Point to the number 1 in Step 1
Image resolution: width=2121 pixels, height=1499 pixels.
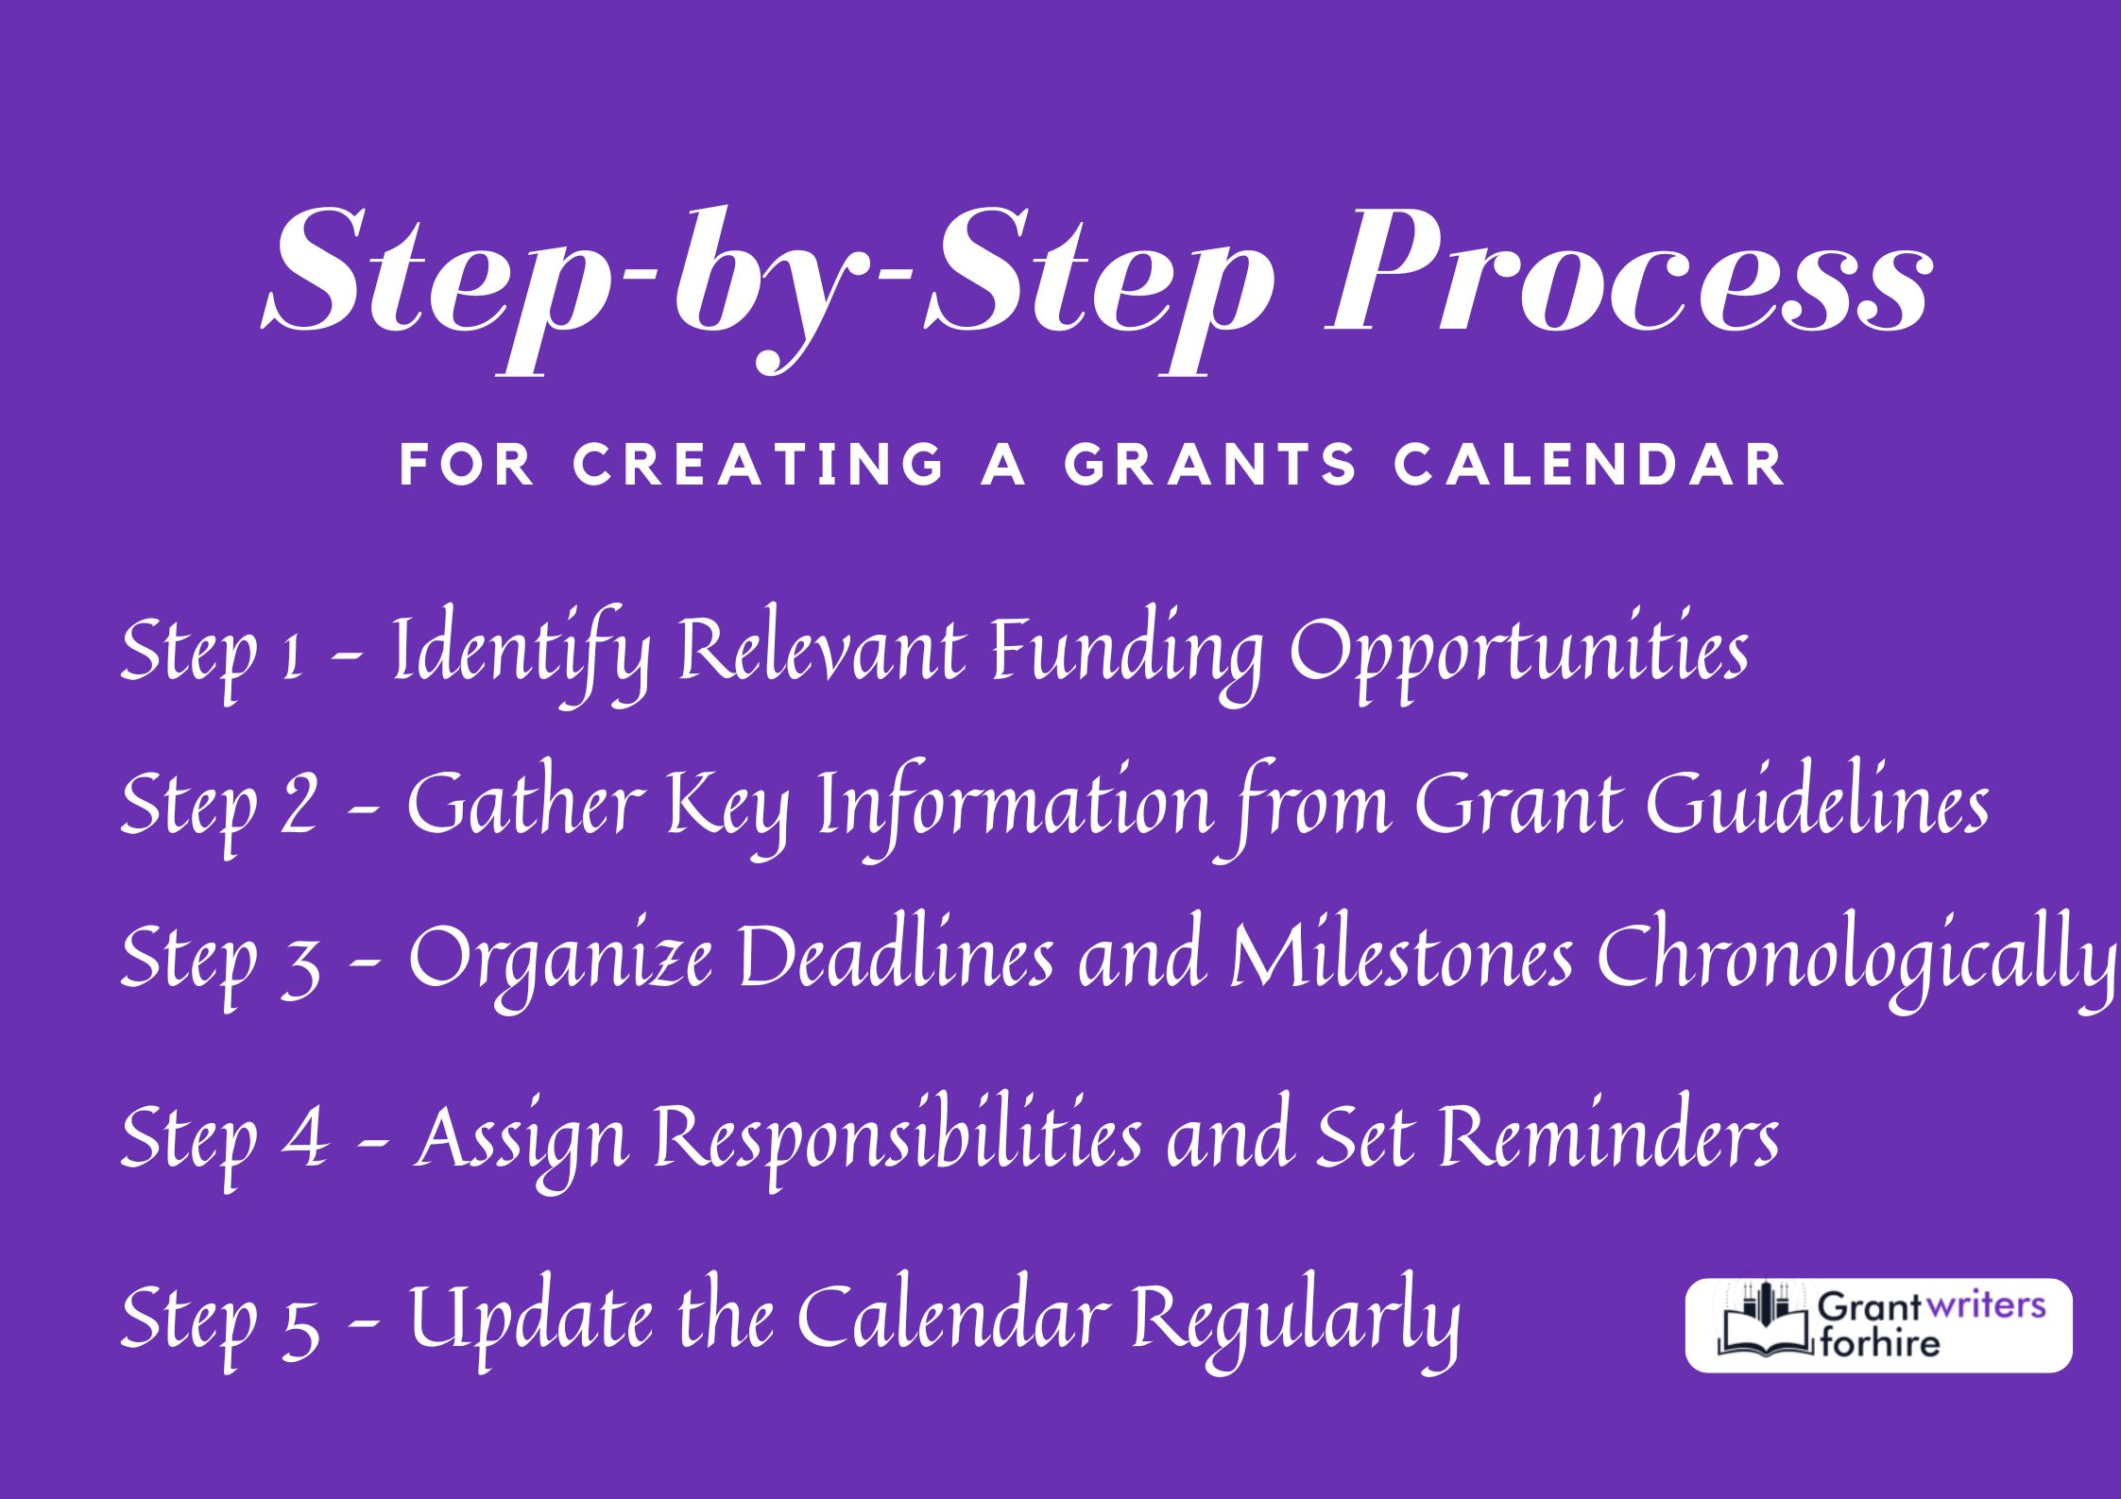pos(292,655)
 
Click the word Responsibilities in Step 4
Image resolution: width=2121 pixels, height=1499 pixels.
pos(898,1139)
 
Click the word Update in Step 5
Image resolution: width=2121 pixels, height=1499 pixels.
pos(530,1319)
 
